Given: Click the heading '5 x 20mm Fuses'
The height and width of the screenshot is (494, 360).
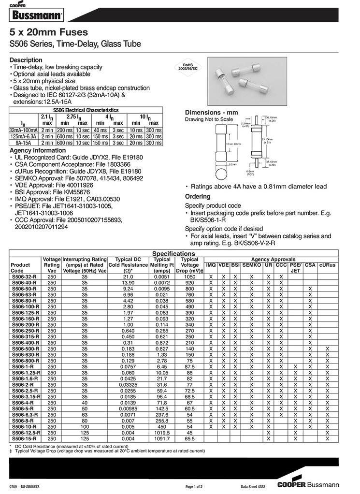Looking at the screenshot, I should (49, 32).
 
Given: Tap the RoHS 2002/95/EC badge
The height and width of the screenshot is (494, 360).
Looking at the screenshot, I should (190, 67).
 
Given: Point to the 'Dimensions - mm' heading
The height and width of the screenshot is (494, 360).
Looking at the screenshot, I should (212, 112).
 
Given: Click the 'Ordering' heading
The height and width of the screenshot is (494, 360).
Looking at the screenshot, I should (198, 196).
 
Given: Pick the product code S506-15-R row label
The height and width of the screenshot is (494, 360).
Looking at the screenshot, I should (24, 439).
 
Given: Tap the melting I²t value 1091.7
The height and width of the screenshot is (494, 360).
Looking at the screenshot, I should (162, 439).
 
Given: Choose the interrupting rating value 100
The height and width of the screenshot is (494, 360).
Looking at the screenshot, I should (85, 427).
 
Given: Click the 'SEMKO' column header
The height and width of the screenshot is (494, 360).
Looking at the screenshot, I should (251, 265).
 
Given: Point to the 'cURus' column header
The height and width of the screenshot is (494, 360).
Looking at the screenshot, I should (327, 265).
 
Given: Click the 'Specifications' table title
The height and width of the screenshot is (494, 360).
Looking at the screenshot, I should (173, 254).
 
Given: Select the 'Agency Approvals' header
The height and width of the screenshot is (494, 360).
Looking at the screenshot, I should (273, 260).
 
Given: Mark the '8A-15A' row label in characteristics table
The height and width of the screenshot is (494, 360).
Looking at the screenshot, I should (23, 143).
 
